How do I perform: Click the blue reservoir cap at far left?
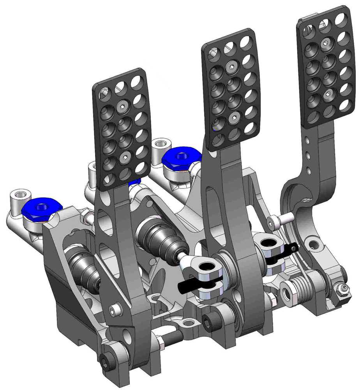[x=41, y=208]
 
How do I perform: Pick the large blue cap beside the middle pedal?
[x=182, y=158]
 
